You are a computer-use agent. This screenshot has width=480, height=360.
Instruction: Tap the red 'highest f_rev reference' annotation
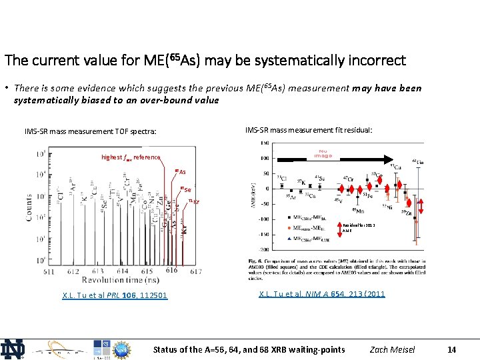[x=131, y=157]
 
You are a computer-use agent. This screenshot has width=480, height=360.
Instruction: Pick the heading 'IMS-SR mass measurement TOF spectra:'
[x=91, y=131]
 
